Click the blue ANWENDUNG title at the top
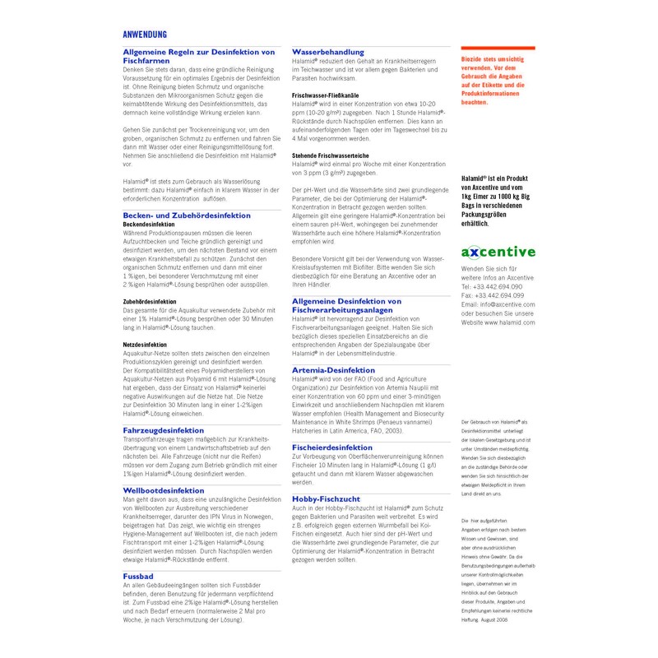[145, 34]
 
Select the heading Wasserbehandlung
[329, 52]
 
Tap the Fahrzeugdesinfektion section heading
[164, 429]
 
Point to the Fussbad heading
[139, 576]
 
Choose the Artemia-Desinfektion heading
[333, 371]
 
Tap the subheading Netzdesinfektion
[145, 345]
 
